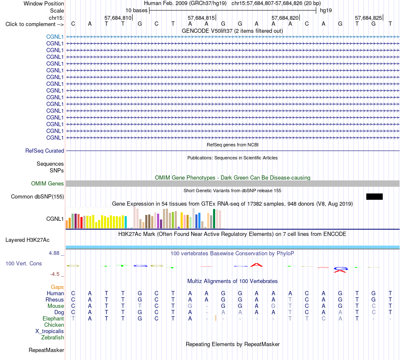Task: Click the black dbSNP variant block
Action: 374,196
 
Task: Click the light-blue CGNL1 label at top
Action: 55,37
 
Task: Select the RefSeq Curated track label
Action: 45,151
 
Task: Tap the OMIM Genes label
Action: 48,183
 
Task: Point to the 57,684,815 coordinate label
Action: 201,18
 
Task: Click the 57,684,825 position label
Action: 368,18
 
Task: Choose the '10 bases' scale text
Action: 136,11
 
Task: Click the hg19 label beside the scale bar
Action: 326,11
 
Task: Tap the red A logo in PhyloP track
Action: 256,265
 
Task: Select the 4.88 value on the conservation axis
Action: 54,253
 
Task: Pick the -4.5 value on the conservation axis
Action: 55,274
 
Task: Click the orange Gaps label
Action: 57,287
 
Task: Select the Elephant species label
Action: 53,319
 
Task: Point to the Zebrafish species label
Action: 53,338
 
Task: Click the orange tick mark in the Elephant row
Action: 216,318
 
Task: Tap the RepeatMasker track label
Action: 46,350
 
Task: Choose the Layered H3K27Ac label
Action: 27,240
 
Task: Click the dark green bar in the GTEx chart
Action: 214,219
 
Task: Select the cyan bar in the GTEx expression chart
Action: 125,222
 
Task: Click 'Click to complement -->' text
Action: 35,24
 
